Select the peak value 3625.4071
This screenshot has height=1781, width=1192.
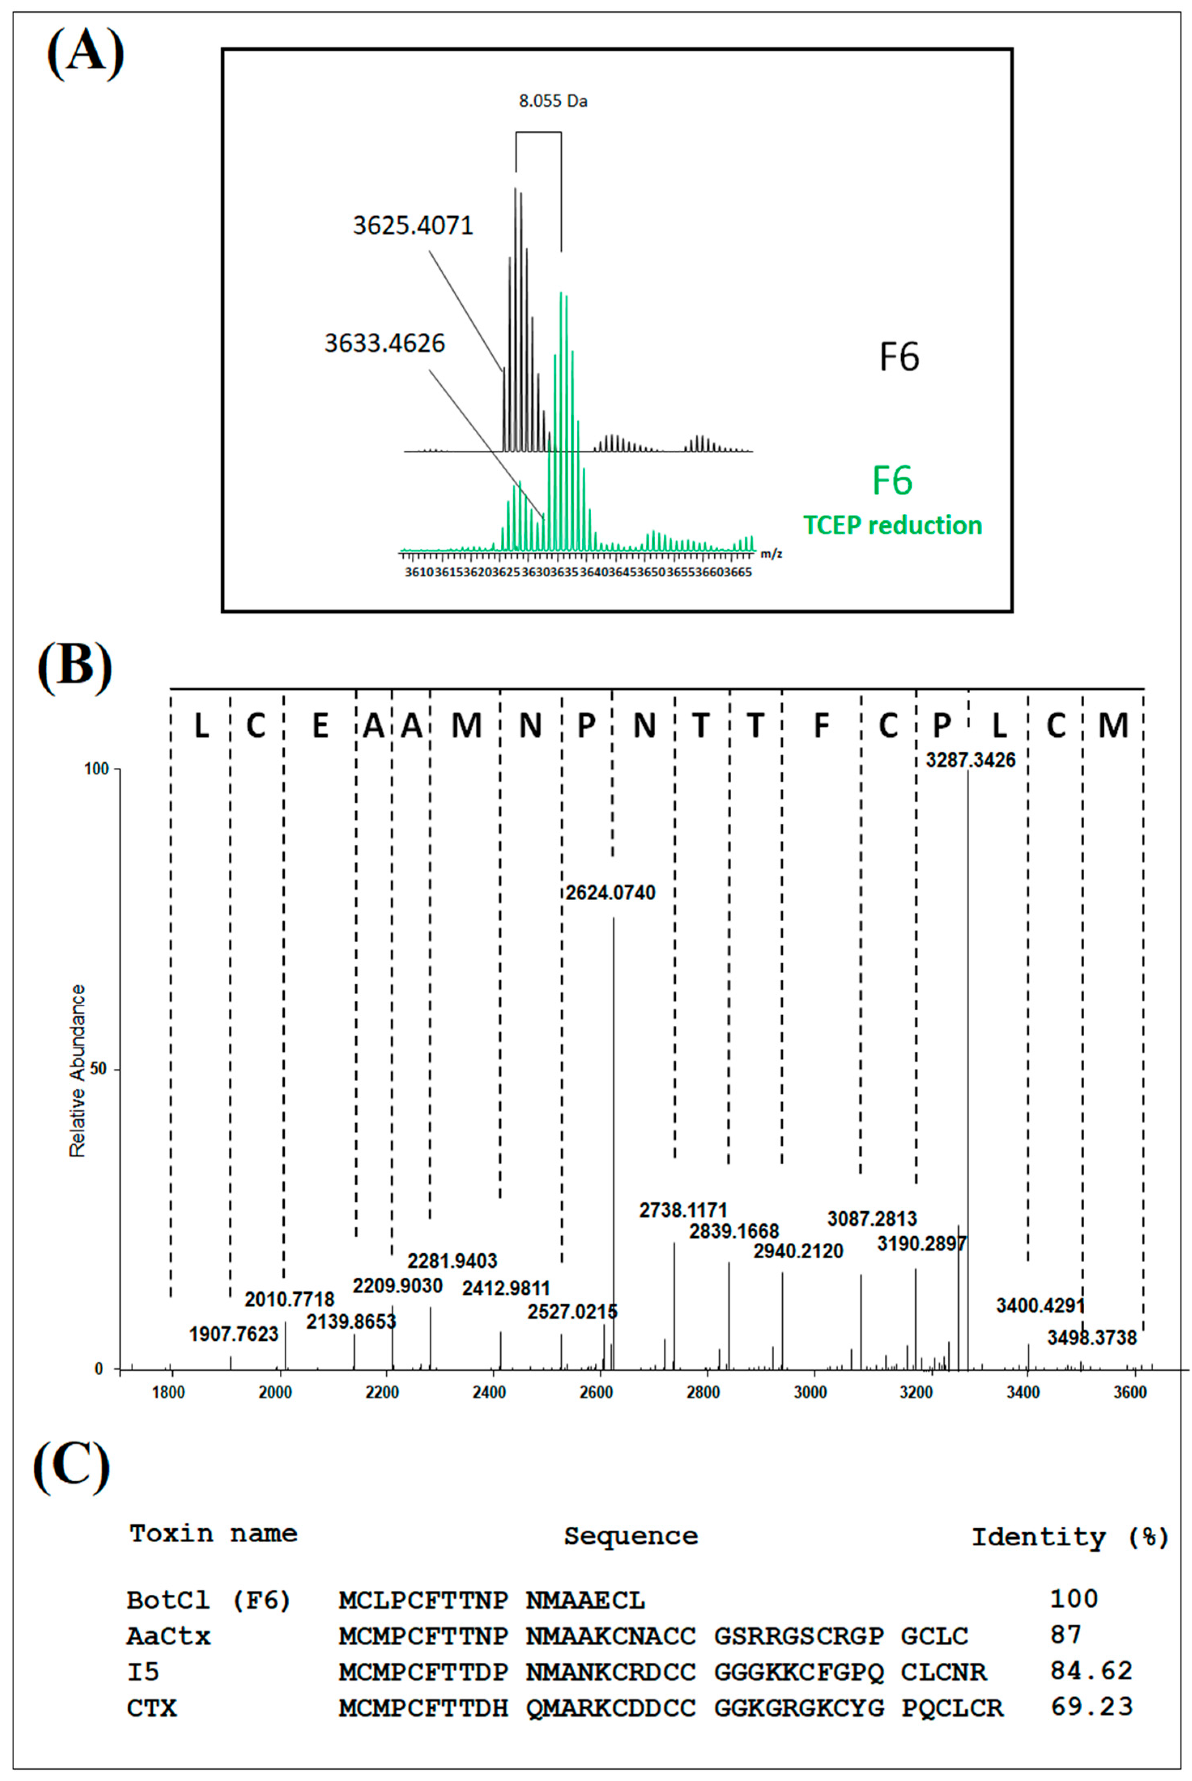point(413,226)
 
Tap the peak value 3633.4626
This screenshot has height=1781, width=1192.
point(385,343)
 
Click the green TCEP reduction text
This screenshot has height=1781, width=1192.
point(892,525)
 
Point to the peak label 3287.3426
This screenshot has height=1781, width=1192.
point(970,760)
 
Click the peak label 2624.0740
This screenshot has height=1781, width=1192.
point(610,893)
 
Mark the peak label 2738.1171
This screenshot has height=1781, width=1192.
point(683,1209)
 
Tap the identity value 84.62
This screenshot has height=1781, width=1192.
point(1091,1671)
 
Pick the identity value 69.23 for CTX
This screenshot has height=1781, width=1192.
point(1091,1706)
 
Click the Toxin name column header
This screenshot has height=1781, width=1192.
point(213,1534)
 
